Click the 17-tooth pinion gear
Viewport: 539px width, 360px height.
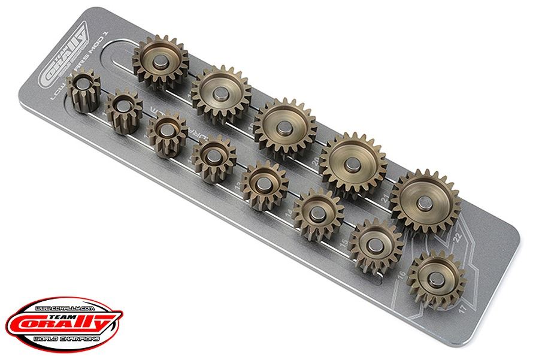click(435, 278)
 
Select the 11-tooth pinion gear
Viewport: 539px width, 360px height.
click(125, 110)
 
